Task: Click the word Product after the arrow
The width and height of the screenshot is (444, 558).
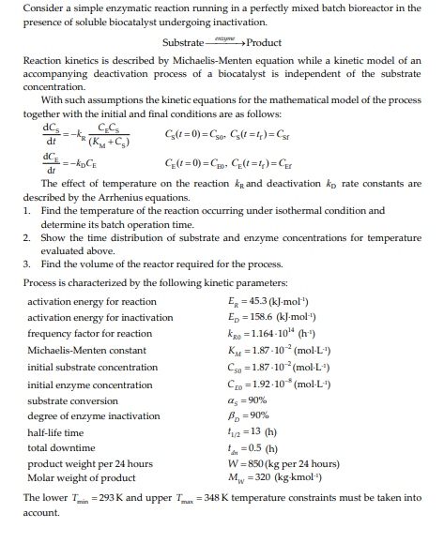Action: pyautogui.click(x=266, y=42)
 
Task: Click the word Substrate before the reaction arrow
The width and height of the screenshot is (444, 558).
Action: pyautogui.click(x=184, y=42)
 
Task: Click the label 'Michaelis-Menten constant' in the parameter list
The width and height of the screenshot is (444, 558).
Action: pyautogui.click(x=84, y=350)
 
